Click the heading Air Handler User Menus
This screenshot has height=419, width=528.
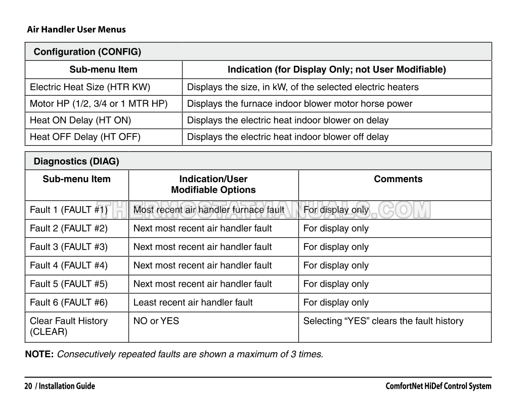pos(76,29)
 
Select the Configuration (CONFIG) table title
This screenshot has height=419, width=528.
pos(87,52)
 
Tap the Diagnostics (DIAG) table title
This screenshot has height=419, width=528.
pos(76,161)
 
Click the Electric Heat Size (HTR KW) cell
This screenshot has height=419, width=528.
pos(90,87)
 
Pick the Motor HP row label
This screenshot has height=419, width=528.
pos(99,104)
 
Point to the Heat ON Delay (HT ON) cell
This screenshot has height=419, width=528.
pos(80,120)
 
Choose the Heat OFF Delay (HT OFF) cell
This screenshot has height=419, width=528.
pos(85,137)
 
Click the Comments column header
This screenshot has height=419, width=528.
pos(398,179)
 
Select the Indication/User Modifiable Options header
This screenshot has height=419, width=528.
pos(213,185)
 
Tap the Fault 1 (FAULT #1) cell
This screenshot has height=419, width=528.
pos(69,210)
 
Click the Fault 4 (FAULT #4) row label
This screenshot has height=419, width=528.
pos(69,266)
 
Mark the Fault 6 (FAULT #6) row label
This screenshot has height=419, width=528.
pos(69,303)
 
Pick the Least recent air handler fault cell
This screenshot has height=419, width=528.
pos(193,303)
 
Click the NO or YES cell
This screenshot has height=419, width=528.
pos(156,321)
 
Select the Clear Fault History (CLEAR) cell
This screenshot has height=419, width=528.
pos(69,326)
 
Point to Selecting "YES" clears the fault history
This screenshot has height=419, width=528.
pos(383,321)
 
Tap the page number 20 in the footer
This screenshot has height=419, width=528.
pos(28,386)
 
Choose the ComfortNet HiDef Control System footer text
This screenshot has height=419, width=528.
pos(438,386)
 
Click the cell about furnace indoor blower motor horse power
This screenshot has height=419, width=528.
pos(299,104)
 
